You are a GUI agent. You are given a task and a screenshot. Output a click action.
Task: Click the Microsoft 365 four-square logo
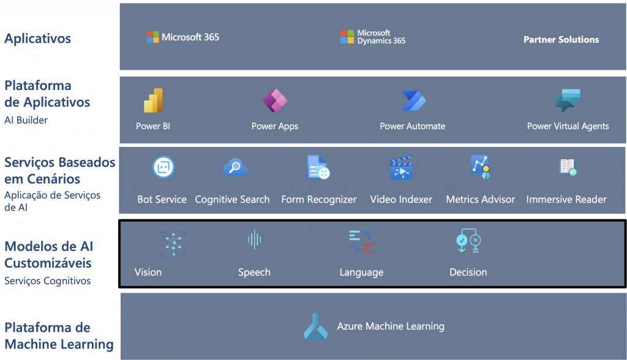pyautogui.click(x=152, y=37)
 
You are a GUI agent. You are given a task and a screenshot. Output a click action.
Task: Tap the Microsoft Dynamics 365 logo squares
pyautogui.click(x=347, y=37)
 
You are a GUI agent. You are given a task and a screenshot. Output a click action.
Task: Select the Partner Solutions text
pyautogui.click(x=561, y=40)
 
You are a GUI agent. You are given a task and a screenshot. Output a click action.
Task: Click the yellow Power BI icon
pyautogui.click(x=153, y=100)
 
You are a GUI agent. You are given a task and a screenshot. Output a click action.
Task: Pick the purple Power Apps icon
pyautogui.click(x=275, y=100)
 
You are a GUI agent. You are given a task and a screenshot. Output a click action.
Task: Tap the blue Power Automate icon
pyautogui.click(x=414, y=100)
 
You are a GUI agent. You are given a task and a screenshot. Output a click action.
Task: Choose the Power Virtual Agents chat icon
pyautogui.click(x=568, y=100)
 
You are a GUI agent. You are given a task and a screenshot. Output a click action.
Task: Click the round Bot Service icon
pyautogui.click(x=163, y=167)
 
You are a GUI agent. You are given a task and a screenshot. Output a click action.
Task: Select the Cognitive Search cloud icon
pyautogui.click(x=235, y=167)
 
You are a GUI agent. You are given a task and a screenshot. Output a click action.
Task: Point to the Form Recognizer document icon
pyautogui.click(x=318, y=167)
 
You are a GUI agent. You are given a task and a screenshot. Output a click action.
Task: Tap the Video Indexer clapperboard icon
pyautogui.click(x=401, y=167)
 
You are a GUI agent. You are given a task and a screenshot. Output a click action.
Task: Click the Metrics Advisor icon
pyautogui.click(x=481, y=167)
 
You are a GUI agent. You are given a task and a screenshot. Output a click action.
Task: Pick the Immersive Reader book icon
pyautogui.click(x=568, y=167)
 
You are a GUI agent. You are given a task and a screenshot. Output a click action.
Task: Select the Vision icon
pyautogui.click(x=173, y=244)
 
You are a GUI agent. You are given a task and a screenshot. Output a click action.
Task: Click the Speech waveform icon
pyautogui.click(x=254, y=239)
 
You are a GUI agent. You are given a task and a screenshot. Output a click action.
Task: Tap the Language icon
pyautogui.click(x=361, y=242)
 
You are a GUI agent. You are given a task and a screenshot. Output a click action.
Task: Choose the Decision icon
pyautogui.click(x=468, y=241)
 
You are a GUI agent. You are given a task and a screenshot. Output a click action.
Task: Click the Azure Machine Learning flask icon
pyautogui.click(x=315, y=326)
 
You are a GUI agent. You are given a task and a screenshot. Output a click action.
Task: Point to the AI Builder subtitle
pyautogui.click(x=26, y=120)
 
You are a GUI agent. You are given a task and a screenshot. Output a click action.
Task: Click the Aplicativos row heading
pyautogui.click(x=37, y=39)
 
